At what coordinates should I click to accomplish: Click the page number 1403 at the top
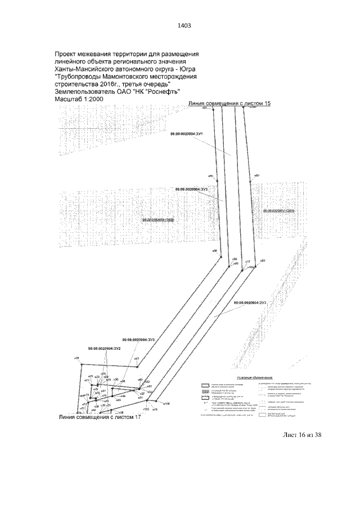click(x=184, y=25)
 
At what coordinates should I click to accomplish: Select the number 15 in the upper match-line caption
click(x=267, y=104)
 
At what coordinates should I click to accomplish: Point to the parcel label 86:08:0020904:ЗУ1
click(x=186, y=135)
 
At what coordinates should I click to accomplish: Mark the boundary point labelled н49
click(x=75, y=358)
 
